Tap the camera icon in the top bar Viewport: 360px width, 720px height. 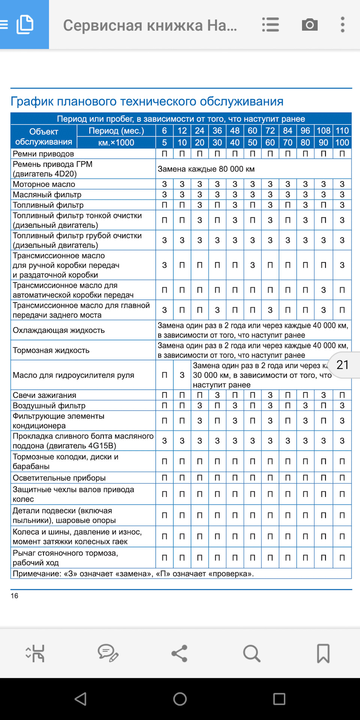click(310, 25)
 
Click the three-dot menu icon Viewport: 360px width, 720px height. click(342, 25)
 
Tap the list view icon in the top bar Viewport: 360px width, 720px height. click(270, 25)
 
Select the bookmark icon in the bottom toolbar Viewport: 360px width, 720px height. click(323, 653)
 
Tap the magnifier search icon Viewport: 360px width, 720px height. click(252, 653)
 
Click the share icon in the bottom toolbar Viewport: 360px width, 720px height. click(180, 653)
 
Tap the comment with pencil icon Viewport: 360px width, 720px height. click(108, 653)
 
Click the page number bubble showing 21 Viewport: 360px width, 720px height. click(343, 365)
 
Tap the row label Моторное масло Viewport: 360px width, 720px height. click(44, 184)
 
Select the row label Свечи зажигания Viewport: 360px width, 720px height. click(44, 395)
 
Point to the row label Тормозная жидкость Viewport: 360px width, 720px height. click(51, 350)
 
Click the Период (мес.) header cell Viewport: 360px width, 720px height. click(116, 131)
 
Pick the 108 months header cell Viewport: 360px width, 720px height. click(323, 131)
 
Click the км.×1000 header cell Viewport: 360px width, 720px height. click(116, 142)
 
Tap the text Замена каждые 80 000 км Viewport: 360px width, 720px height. click(206, 169)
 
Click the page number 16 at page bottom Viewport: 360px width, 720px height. click(14, 596)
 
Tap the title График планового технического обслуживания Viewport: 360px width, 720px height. click(147, 101)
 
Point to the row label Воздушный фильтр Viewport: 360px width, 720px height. click(49, 406)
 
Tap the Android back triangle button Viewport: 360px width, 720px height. click(81, 699)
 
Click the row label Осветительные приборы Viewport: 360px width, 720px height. click(59, 478)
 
